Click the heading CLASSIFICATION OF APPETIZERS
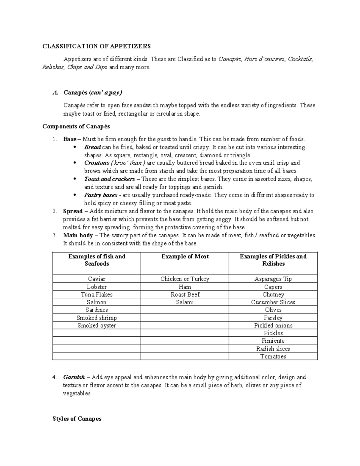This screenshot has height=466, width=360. [x=97, y=46]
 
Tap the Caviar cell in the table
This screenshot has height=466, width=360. [x=97, y=279]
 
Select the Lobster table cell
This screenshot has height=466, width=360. [x=97, y=287]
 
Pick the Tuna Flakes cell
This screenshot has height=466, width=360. [x=97, y=295]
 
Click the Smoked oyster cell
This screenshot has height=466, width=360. [x=97, y=326]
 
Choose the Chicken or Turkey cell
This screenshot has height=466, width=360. [x=185, y=279]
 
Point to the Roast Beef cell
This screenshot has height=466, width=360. [x=185, y=295]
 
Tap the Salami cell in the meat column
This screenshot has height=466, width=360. [x=185, y=302]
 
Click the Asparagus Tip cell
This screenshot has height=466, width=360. [x=273, y=279]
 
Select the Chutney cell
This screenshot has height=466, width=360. [x=273, y=295]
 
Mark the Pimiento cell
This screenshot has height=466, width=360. [x=273, y=341]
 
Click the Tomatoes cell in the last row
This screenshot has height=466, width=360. [x=273, y=356]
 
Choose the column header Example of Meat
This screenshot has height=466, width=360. [x=185, y=257]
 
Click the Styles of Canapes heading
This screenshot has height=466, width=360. [x=77, y=419]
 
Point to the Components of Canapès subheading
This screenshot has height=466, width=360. [x=76, y=126]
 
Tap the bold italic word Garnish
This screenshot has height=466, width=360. [x=74, y=377]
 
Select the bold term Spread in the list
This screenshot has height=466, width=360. [x=73, y=211]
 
